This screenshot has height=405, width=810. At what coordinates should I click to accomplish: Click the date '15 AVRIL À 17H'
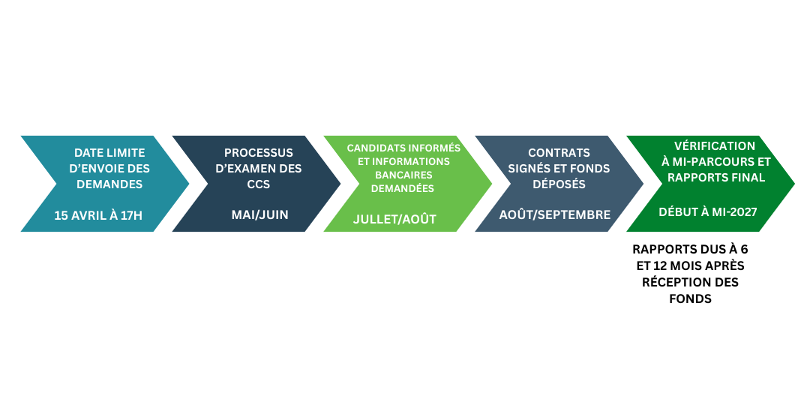click(98, 215)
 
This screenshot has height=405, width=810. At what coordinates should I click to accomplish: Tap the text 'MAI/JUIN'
click(259, 215)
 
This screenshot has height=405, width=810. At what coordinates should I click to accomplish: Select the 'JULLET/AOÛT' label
click(394, 220)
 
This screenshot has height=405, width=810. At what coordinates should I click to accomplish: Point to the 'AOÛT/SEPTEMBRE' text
click(555, 215)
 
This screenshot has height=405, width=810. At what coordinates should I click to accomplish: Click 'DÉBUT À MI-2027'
click(707, 212)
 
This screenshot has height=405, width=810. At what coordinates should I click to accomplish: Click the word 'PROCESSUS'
click(259, 153)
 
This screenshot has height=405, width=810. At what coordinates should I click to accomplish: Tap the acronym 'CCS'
click(259, 184)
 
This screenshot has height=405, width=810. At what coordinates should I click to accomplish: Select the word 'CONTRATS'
click(559, 153)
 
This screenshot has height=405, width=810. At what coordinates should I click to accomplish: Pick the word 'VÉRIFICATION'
click(715, 146)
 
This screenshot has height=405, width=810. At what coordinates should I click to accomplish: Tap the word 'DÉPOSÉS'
click(559, 184)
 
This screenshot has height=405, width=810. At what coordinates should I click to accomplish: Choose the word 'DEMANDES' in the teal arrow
click(109, 184)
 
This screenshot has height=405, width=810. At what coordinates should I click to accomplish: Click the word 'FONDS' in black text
click(690, 298)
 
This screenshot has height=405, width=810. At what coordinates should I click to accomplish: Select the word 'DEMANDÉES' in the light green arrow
click(403, 188)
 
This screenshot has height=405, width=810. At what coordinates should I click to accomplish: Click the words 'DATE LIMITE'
click(109, 153)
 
